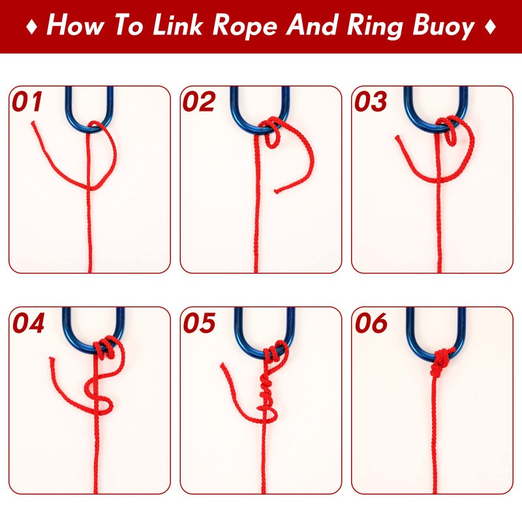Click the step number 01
coord(27,102)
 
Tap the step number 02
coord(198,102)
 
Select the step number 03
coord(370,102)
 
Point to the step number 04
coord(28,324)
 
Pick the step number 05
coord(198,324)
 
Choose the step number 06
coord(370,324)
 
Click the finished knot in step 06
coord(441,361)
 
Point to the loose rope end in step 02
coord(277,191)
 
